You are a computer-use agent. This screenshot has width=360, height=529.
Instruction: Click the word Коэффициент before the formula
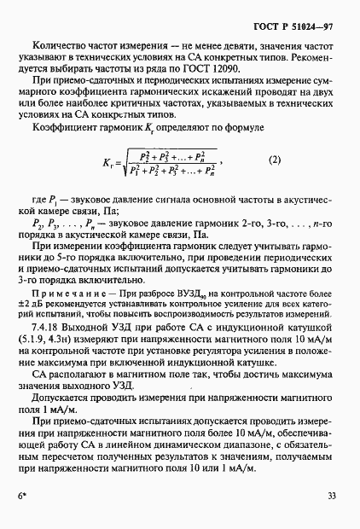click(x=65, y=127)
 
